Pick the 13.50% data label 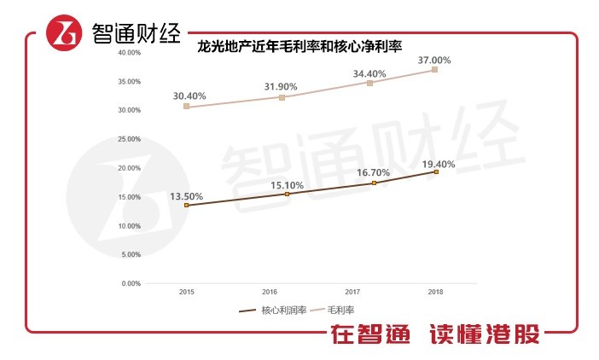point(187,196)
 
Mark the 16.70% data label point(373,173)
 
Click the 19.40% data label point(438,164)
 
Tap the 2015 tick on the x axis point(186,292)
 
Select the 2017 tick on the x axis point(352,292)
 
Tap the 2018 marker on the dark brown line point(436,172)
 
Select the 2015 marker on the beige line point(186,107)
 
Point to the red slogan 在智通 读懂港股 point(436,335)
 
